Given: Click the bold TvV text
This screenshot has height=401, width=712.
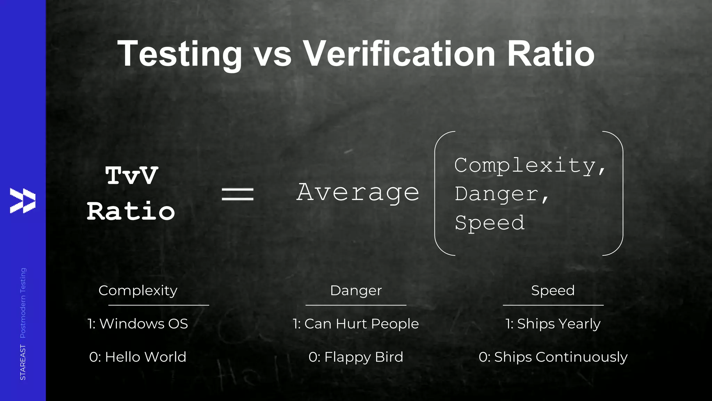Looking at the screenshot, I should click(132, 175).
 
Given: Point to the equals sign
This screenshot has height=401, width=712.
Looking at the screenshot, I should click(238, 194).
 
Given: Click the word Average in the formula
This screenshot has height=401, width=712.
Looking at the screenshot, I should click(358, 192).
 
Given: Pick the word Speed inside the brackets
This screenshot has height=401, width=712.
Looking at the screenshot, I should click(489, 223).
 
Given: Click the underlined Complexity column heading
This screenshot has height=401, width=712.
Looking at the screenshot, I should click(138, 290).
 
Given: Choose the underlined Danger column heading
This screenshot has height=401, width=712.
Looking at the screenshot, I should click(356, 290).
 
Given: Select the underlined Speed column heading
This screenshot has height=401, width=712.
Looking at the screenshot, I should click(553, 290).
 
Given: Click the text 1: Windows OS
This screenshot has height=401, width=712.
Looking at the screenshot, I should click(138, 324).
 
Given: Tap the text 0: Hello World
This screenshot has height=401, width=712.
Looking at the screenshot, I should click(138, 357).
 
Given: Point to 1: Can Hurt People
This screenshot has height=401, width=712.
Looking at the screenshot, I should click(356, 324).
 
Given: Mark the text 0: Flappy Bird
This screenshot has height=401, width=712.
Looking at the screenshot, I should click(356, 357).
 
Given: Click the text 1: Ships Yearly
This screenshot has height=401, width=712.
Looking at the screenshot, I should click(553, 324).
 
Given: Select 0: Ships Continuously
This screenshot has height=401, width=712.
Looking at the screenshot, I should click(553, 357).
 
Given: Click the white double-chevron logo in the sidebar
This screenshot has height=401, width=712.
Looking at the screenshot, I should click(23, 200).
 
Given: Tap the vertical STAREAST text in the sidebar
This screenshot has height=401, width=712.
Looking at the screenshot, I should click(23, 362).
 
